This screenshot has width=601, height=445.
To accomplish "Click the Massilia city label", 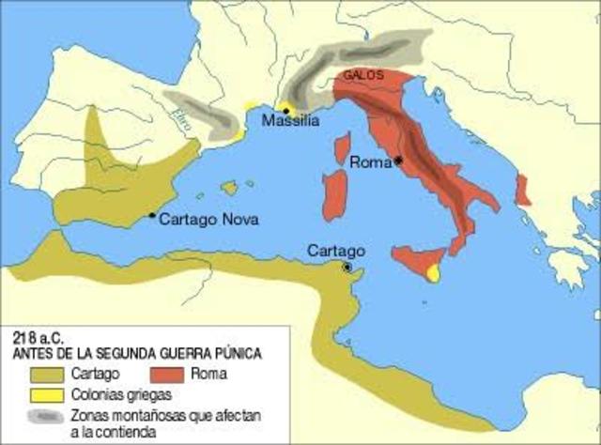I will (x=291, y=122).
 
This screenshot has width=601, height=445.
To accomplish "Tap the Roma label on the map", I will (x=371, y=161).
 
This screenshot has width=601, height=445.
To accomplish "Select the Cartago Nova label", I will (x=209, y=220).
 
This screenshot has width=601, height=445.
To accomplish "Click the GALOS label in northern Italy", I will (x=362, y=74).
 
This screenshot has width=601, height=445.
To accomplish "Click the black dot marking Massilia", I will (x=286, y=110).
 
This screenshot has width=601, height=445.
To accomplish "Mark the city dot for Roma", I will (x=399, y=161).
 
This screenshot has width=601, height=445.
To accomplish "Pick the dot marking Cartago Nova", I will (x=152, y=215).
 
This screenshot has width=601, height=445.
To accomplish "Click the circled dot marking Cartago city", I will (x=347, y=267).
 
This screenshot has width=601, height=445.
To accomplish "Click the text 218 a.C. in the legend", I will (x=39, y=337).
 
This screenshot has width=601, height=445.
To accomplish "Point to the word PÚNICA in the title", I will (x=235, y=353).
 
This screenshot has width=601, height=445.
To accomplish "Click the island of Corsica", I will (x=343, y=149).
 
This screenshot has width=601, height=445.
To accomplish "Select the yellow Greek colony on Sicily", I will (x=434, y=272).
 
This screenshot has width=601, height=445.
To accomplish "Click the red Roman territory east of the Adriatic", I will (x=523, y=189).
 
